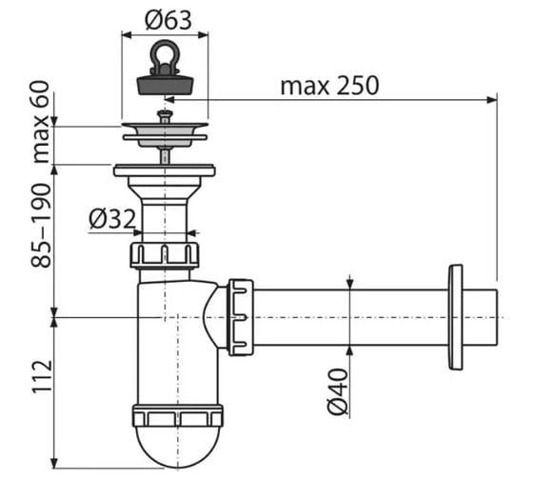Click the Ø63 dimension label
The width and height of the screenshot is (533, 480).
[x=168, y=20]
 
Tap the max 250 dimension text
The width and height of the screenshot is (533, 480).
[x=329, y=86]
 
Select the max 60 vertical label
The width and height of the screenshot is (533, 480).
[x=41, y=122]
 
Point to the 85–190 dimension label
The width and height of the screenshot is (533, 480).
[x=41, y=225]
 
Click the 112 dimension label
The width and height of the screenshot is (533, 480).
[x=42, y=376]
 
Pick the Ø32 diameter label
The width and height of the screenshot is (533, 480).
[x=112, y=219]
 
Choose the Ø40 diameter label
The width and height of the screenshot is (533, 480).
[x=338, y=391]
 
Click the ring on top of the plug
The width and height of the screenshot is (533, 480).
[x=165, y=50]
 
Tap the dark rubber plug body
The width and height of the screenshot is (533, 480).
[x=166, y=85]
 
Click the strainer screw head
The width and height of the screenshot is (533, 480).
[x=165, y=113]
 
